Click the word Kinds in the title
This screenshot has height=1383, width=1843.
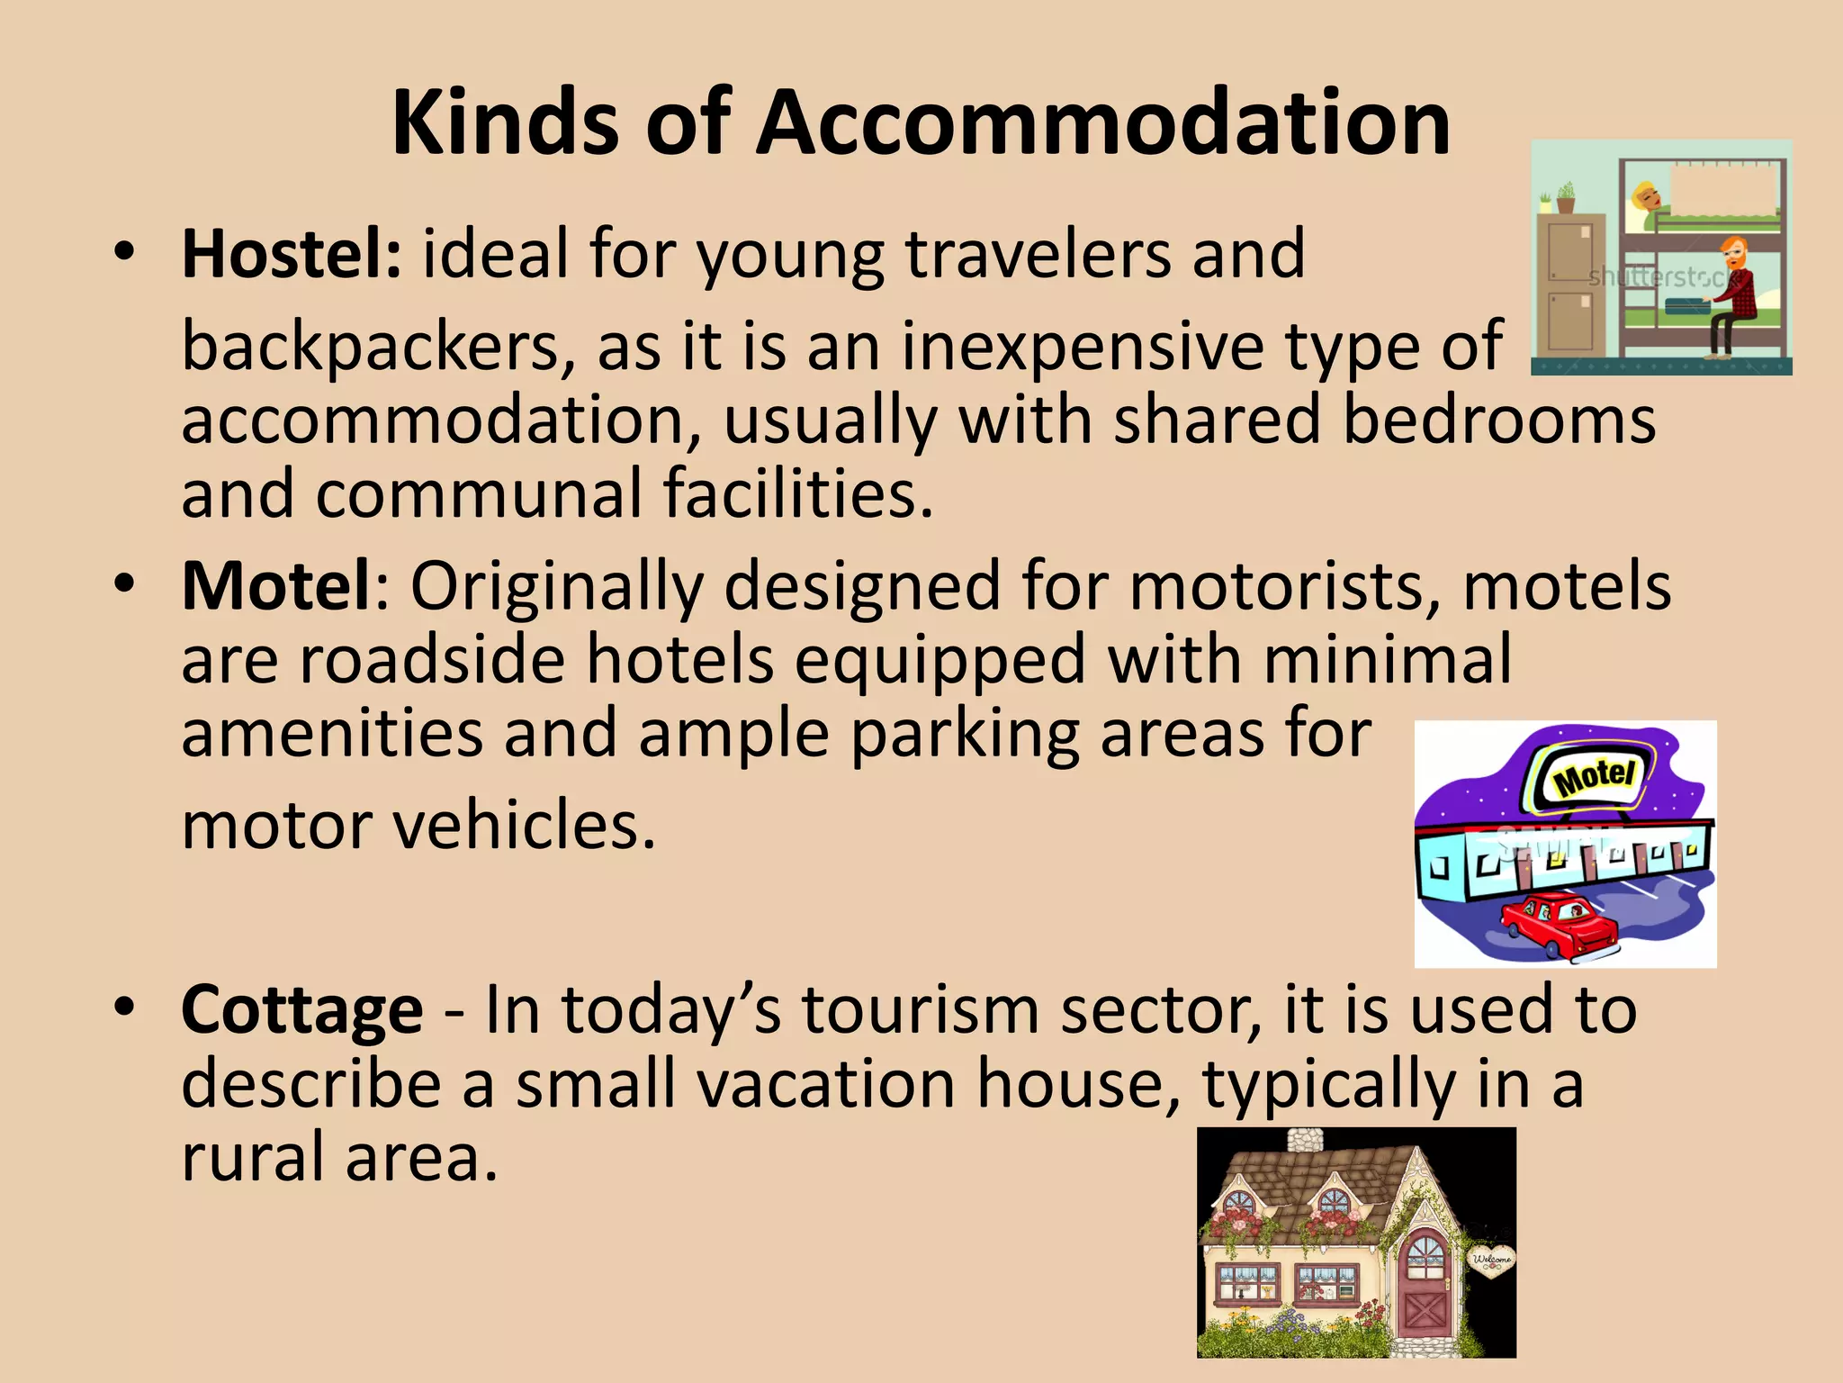(505, 123)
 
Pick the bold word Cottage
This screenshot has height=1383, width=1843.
(301, 1009)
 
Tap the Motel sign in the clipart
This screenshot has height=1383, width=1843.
(1593, 775)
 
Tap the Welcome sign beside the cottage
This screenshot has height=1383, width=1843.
(1491, 1261)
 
